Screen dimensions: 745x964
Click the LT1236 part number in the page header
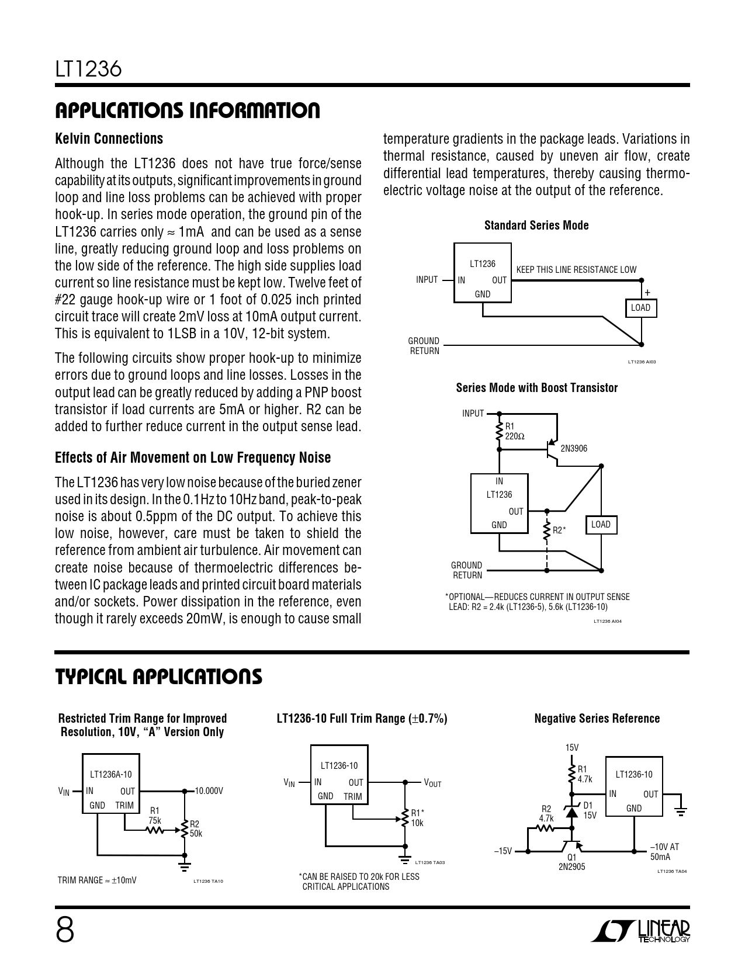88,70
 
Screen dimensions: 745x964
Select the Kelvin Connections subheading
109,139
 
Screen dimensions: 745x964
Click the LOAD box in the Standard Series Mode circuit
641,308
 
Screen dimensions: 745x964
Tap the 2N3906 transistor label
574,449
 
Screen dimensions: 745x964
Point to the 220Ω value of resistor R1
515,436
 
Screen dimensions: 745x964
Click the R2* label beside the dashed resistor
559,530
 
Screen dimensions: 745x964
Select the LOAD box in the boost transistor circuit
601,525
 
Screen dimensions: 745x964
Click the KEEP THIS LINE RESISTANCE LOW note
576,270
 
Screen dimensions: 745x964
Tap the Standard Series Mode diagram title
536,226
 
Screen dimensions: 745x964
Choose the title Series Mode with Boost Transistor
537,388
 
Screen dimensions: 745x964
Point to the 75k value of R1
155,821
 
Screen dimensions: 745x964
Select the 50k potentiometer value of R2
196,834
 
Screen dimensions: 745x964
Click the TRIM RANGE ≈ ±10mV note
97,880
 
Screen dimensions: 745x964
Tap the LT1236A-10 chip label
111,775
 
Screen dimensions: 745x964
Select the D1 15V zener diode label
590,810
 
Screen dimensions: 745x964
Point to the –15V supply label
503,851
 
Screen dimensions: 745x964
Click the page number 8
65,930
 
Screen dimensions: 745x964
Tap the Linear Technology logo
640,930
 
